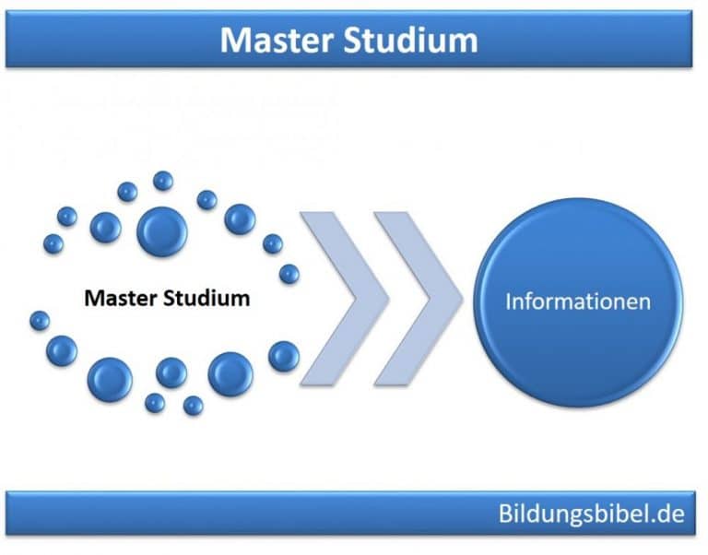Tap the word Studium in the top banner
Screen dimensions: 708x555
(410, 41)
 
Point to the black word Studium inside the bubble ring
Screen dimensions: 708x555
(206, 299)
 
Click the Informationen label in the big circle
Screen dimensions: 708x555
(578, 301)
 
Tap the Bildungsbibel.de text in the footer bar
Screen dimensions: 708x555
(592, 514)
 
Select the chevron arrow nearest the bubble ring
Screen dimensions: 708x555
(345, 299)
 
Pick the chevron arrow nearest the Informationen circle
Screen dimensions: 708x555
(419, 299)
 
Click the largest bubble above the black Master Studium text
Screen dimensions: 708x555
(162, 232)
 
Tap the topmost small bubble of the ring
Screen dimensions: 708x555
(163, 181)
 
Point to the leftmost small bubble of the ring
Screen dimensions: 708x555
(40, 321)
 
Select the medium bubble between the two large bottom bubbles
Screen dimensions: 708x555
(171, 373)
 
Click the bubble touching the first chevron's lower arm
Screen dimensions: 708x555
(284, 356)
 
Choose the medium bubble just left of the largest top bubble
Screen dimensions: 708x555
(106, 228)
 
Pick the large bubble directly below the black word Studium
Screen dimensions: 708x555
(230, 374)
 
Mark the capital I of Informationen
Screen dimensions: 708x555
(509, 301)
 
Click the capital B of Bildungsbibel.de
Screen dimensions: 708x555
(506, 514)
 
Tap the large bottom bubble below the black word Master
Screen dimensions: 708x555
(111, 380)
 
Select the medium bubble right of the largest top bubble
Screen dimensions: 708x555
(241, 219)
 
